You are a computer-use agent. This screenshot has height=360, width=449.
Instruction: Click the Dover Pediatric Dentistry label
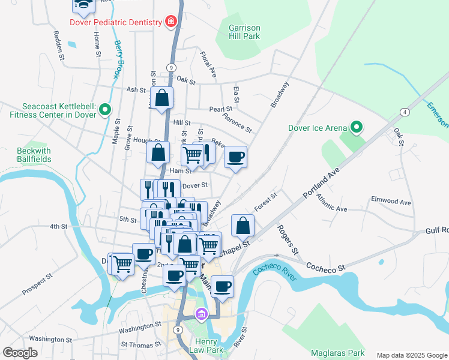click(x=116, y=22)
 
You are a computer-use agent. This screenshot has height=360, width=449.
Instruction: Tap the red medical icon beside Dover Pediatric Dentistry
click(x=171, y=22)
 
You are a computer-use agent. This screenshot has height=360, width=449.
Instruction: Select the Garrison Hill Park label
click(x=244, y=31)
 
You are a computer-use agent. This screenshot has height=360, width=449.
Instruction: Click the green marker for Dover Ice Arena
click(x=357, y=127)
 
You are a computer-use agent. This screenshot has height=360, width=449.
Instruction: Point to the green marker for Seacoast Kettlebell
click(x=105, y=109)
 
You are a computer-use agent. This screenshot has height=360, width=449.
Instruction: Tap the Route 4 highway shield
click(x=406, y=112)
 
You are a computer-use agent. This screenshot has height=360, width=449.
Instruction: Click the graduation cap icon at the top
click(x=84, y=5)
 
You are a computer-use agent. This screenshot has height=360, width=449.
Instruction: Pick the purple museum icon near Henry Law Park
click(x=201, y=314)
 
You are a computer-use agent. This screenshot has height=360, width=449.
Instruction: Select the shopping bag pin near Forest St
click(x=243, y=226)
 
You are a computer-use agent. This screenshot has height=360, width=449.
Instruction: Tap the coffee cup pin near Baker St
click(x=236, y=157)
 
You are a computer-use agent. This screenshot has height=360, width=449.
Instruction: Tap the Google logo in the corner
click(x=20, y=353)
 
